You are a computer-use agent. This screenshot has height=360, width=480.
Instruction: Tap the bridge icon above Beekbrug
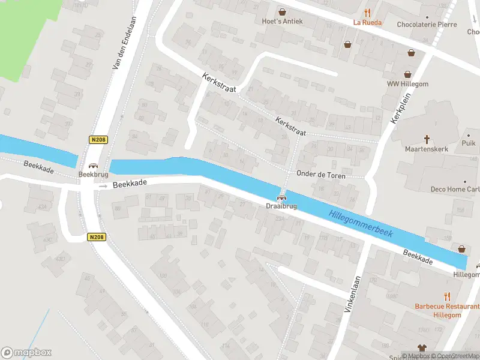tap(93, 166)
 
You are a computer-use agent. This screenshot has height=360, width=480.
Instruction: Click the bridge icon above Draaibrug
tap(280, 197)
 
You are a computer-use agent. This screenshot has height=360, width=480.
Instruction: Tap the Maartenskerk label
tap(427, 148)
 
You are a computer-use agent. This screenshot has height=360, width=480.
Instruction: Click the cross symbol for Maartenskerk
tap(427, 139)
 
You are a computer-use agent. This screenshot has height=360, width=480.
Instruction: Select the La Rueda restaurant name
tap(367, 23)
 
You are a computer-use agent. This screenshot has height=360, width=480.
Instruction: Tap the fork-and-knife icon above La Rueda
tap(367, 13)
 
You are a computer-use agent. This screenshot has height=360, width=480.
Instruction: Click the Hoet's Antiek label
tap(281, 21)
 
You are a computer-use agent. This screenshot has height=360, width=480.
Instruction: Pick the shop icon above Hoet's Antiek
tap(281, 11)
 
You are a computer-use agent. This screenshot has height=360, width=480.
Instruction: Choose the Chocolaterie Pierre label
tap(427, 25)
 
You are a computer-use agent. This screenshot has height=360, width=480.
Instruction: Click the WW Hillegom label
tap(407, 84)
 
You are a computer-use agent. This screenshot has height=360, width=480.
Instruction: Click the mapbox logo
tap(26, 353)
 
